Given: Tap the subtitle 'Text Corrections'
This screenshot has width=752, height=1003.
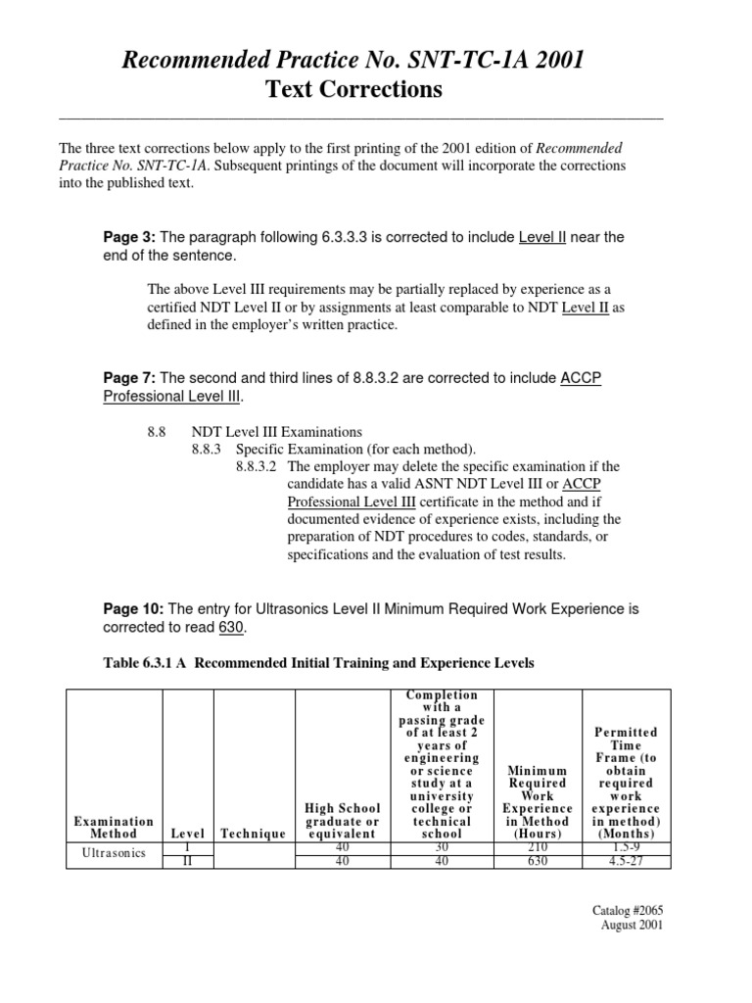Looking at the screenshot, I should [352, 91].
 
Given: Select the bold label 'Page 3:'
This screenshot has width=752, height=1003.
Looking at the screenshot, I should [129, 237].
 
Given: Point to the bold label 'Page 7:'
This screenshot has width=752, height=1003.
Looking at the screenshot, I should [129, 378].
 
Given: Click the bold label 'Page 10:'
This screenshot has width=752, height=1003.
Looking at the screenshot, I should [133, 609].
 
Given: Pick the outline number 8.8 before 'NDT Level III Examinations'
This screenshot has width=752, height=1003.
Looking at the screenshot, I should [155, 431].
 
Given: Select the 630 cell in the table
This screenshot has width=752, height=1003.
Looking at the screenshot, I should [537, 861].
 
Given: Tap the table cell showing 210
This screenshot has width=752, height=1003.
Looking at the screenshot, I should [537, 846].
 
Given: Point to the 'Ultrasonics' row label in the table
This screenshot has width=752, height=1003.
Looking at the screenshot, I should [113, 852].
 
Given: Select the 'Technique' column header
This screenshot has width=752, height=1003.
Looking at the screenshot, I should [253, 833].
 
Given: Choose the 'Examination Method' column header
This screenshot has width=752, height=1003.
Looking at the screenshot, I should [114, 827].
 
